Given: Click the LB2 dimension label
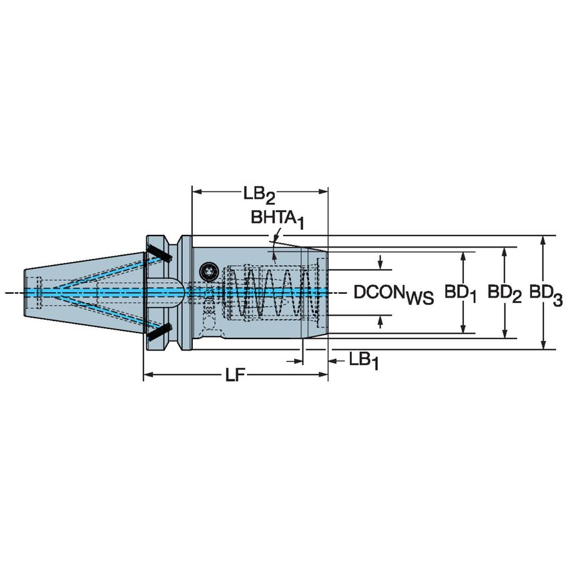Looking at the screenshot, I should click(259, 194).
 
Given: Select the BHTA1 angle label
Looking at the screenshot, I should click(277, 218).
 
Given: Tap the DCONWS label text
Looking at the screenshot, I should click(393, 293).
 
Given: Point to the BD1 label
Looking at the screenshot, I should click(461, 293).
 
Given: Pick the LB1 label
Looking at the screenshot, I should click(364, 360).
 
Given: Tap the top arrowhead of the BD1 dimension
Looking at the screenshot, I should click(462, 256).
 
